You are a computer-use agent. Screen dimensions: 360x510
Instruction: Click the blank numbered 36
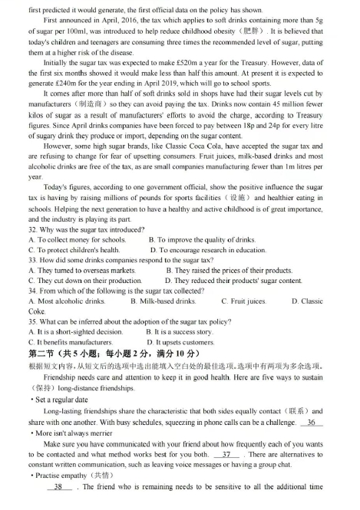(311, 423)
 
